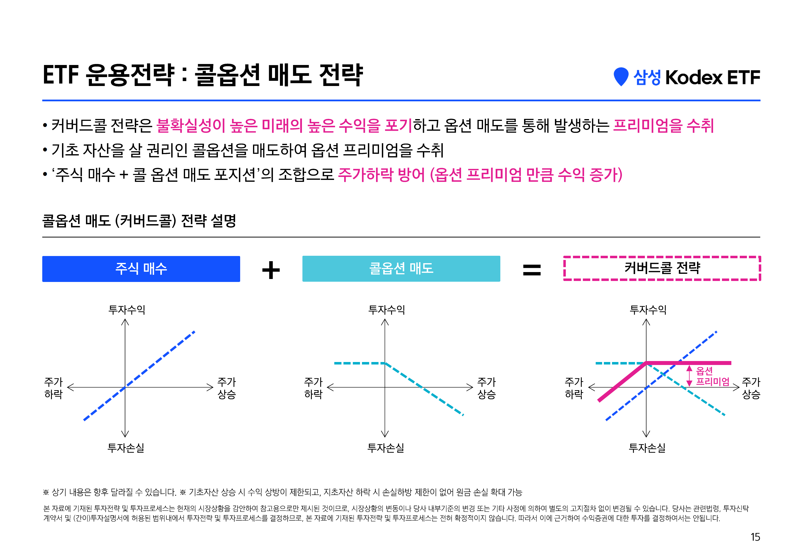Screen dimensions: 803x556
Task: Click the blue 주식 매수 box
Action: (x=141, y=269)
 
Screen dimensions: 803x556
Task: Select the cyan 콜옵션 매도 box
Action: (x=401, y=269)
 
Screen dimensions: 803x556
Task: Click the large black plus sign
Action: (x=271, y=270)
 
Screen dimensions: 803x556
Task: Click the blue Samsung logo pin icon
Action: (x=621, y=77)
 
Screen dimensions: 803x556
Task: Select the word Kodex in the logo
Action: (x=694, y=77)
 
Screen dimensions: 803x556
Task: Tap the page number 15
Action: (x=755, y=537)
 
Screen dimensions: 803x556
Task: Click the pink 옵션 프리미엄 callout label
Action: (x=713, y=376)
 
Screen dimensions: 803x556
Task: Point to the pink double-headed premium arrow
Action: (x=689, y=376)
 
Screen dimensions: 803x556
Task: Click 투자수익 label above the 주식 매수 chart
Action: (x=127, y=309)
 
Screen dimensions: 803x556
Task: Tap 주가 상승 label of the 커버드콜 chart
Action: (x=751, y=388)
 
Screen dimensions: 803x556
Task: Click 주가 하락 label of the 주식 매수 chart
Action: (x=53, y=388)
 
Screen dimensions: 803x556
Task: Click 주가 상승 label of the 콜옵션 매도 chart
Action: (x=486, y=388)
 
